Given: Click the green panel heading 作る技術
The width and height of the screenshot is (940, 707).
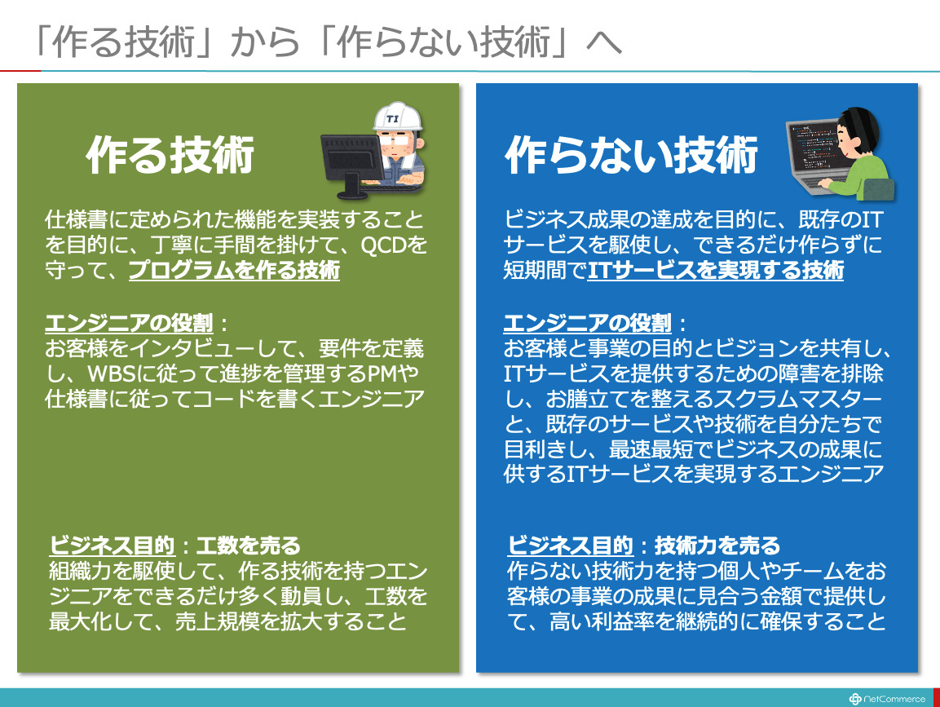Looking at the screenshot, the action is tap(170, 155).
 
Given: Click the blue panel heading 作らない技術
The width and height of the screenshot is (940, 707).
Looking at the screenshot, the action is tap(632, 155).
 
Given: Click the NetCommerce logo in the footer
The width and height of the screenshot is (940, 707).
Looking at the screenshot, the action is tap(887, 699).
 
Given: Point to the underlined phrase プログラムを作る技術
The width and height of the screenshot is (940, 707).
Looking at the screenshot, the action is tap(235, 270).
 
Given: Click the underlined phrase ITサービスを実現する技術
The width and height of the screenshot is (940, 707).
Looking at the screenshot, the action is tap(715, 270).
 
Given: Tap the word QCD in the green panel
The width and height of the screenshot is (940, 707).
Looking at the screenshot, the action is tap(384, 245).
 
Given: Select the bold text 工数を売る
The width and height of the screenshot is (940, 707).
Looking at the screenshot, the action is tap(248, 546).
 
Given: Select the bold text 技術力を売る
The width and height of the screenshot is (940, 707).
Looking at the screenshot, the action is tap(717, 546).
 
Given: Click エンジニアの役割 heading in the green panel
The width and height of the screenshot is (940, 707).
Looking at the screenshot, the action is tap(129, 323).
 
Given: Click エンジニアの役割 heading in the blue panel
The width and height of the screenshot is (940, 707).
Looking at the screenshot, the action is tap(588, 323).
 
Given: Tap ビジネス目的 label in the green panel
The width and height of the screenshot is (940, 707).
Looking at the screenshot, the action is tap(113, 546).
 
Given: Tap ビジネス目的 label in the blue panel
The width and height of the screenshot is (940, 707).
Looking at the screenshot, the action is tap(571, 546).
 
